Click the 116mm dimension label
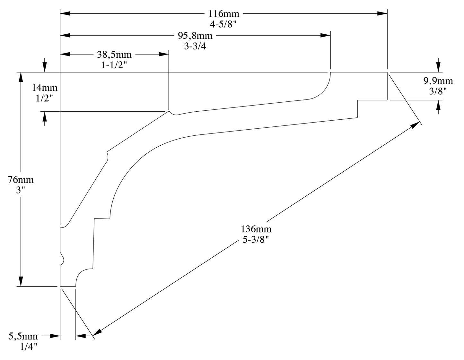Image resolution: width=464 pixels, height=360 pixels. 224,14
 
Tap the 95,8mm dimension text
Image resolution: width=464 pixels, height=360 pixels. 195,35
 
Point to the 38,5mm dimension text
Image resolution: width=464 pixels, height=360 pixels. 114,55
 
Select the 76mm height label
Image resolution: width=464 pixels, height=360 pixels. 21,180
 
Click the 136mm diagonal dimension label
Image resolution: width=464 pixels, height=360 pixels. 256,229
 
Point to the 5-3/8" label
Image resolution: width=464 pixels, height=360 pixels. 256,239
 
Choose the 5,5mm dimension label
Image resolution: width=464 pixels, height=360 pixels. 23,336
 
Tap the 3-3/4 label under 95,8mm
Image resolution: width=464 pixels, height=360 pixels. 195,46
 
